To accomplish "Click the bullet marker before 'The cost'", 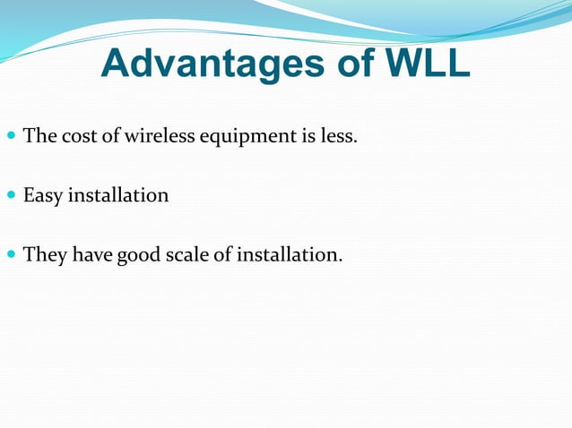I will pos(11,137).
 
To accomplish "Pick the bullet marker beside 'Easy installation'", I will pos(11,195).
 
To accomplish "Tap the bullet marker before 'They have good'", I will pos(11,255).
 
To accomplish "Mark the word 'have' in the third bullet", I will pos(91,255).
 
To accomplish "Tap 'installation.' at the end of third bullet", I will pos(290,255).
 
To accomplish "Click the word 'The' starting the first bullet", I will pos(39,137).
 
